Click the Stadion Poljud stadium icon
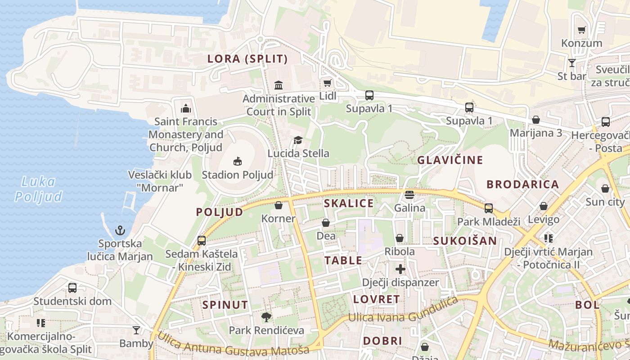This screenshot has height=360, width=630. pyautogui.click(x=238, y=161)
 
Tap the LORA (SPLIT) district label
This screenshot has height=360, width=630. pyautogui.click(x=247, y=58)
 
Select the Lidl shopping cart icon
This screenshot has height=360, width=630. pyautogui.click(x=327, y=83)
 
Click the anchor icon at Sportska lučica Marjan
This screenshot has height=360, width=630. pyautogui.click(x=120, y=231)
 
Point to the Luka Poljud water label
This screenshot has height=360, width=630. pyautogui.click(x=38, y=189)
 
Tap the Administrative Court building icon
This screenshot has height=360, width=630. pyautogui.click(x=279, y=85)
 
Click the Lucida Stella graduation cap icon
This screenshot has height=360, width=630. pyautogui.click(x=298, y=140)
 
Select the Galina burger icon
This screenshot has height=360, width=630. pyautogui.click(x=409, y=195)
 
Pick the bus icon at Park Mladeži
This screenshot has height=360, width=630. pyautogui.click(x=488, y=208)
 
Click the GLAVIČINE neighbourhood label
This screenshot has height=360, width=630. pyautogui.click(x=450, y=160)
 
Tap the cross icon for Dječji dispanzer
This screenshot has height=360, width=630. pyautogui.click(x=400, y=269)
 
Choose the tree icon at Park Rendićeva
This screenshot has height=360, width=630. pyautogui.click(x=266, y=317)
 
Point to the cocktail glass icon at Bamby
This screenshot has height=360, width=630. pyautogui.click(x=136, y=330)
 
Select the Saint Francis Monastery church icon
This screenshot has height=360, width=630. pyautogui.click(x=185, y=108)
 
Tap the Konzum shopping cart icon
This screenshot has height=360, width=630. pyautogui.click(x=581, y=30)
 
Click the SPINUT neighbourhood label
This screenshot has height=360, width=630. pyautogui.click(x=225, y=305)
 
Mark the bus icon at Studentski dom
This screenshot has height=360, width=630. pyautogui.click(x=72, y=288)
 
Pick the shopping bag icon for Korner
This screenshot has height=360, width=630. pyautogui.click(x=279, y=206)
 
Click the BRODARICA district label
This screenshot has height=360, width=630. pyautogui.click(x=522, y=184)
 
